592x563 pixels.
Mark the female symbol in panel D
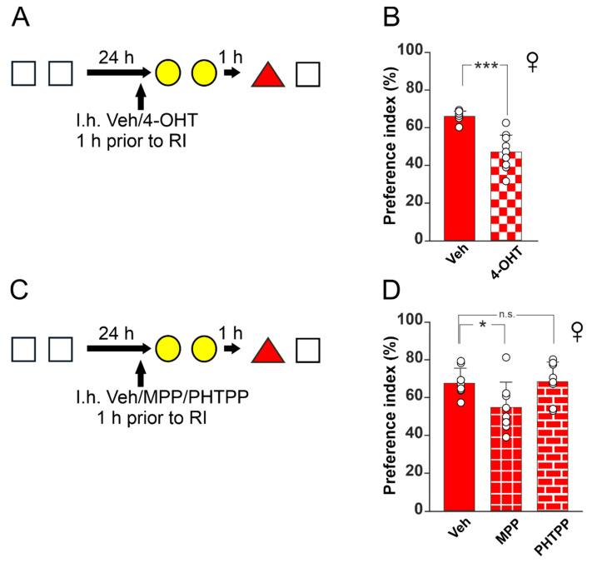pos(575,332)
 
